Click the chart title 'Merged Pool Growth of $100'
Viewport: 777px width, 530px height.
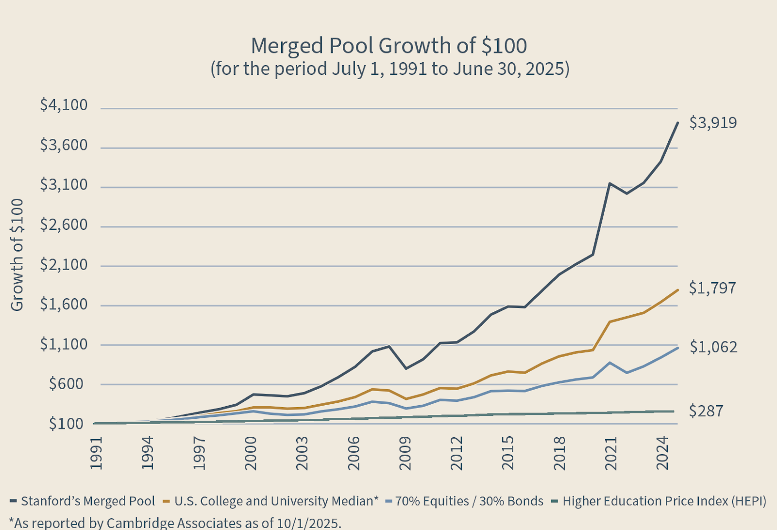(388, 46)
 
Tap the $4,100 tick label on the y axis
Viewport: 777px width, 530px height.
(64, 105)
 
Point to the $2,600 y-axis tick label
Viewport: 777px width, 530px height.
(64, 224)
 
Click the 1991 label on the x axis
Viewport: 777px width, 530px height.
(97, 453)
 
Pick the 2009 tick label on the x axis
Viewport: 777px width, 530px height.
(405, 453)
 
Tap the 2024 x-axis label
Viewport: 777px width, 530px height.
(663, 453)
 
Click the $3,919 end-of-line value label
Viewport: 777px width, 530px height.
(713, 122)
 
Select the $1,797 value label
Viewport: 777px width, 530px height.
(713, 288)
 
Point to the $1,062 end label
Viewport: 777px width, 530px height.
(713, 347)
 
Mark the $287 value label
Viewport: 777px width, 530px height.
(706, 411)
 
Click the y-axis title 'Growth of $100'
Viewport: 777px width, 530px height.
(17, 255)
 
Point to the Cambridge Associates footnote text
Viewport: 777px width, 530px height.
(175, 523)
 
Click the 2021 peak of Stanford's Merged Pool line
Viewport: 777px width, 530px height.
(609, 184)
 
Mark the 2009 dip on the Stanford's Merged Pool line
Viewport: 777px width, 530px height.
(405, 368)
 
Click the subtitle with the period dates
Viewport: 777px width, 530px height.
(389, 68)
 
